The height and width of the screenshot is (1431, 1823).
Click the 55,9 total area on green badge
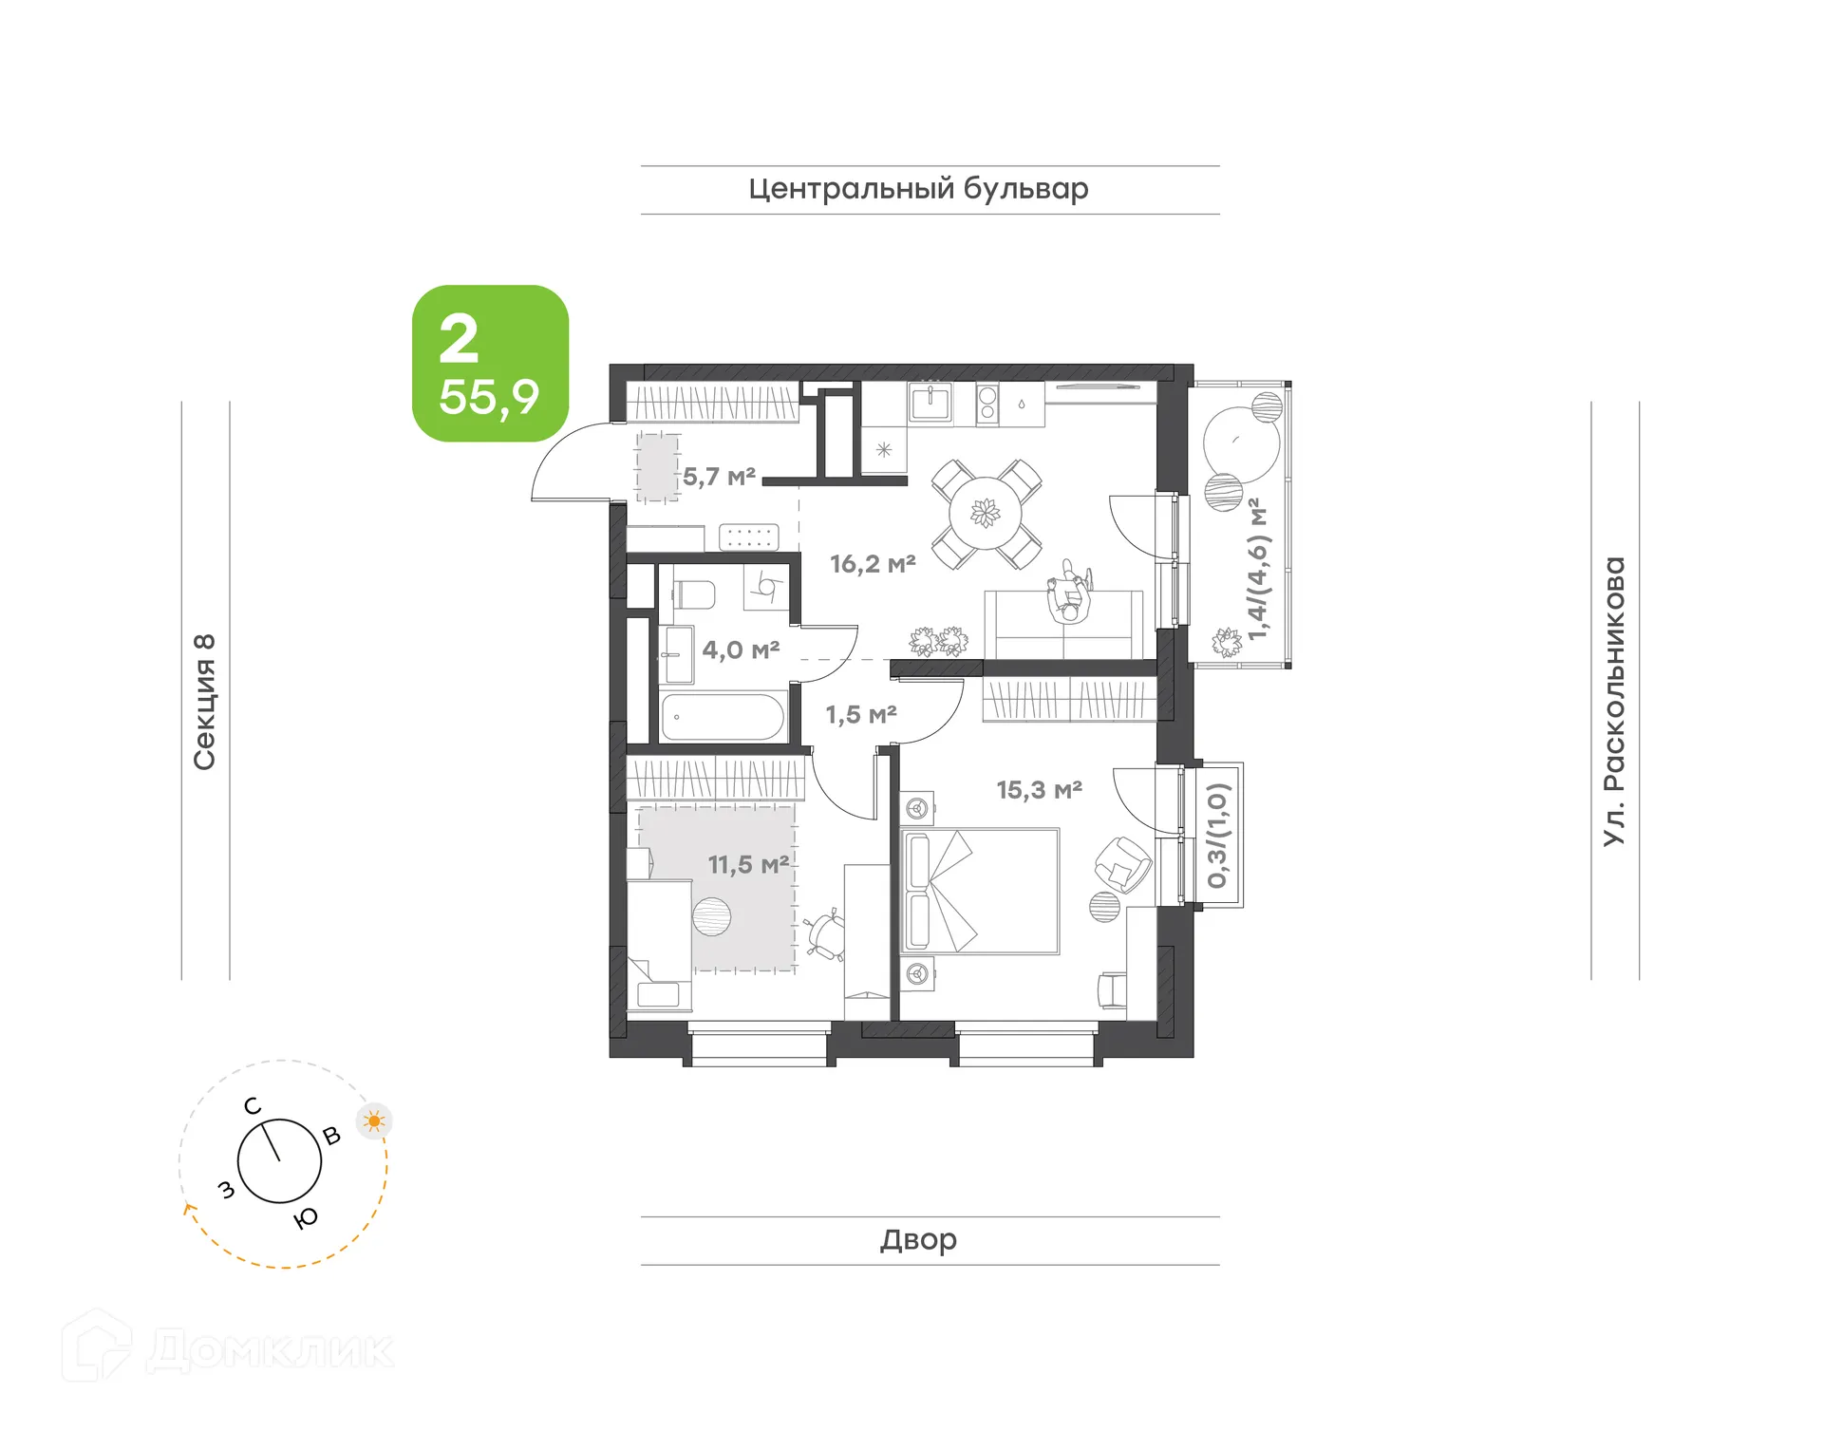[x=489, y=397]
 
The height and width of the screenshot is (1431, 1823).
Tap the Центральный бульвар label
[x=917, y=189]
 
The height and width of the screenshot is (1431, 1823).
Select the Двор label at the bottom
[x=917, y=1239]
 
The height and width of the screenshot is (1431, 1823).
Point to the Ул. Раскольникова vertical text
[x=1614, y=701]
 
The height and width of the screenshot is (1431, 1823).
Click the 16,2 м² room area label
[x=872, y=564]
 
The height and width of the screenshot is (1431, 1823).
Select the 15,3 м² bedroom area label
[x=1039, y=790]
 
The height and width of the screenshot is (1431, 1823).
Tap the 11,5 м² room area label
[x=748, y=865]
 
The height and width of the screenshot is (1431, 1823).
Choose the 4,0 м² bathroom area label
[x=741, y=650]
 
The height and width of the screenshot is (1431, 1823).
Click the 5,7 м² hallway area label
[x=719, y=477]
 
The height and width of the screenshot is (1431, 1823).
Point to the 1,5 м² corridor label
[x=860, y=714]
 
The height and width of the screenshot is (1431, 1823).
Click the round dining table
[x=986, y=514]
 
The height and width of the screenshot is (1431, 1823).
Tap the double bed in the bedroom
[x=980, y=891]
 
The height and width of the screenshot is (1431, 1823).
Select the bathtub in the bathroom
[x=723, y=717]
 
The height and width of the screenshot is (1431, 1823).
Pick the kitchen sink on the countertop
[x=930, y=403]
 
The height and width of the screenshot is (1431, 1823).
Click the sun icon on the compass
[x=374, y=1121]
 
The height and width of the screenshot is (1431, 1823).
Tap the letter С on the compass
[x=253, y=1106]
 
